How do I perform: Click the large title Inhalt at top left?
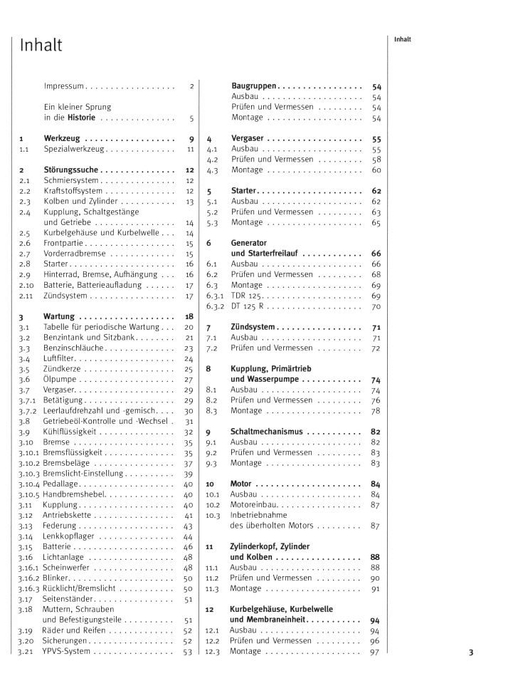(x=41, y=46)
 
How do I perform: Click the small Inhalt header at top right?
(x=403, y=40)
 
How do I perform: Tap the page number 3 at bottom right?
(x=471, y=652)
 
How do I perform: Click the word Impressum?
(x=64, y=86)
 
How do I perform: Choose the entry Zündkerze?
(x=62, y=370)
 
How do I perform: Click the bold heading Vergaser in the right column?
(x=248, y=139)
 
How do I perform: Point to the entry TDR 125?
(x=246, y=295)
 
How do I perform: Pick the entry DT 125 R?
(x=248, y=306)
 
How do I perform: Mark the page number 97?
(x=375, y=652)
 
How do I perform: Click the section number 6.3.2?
(x=215, y=306)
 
